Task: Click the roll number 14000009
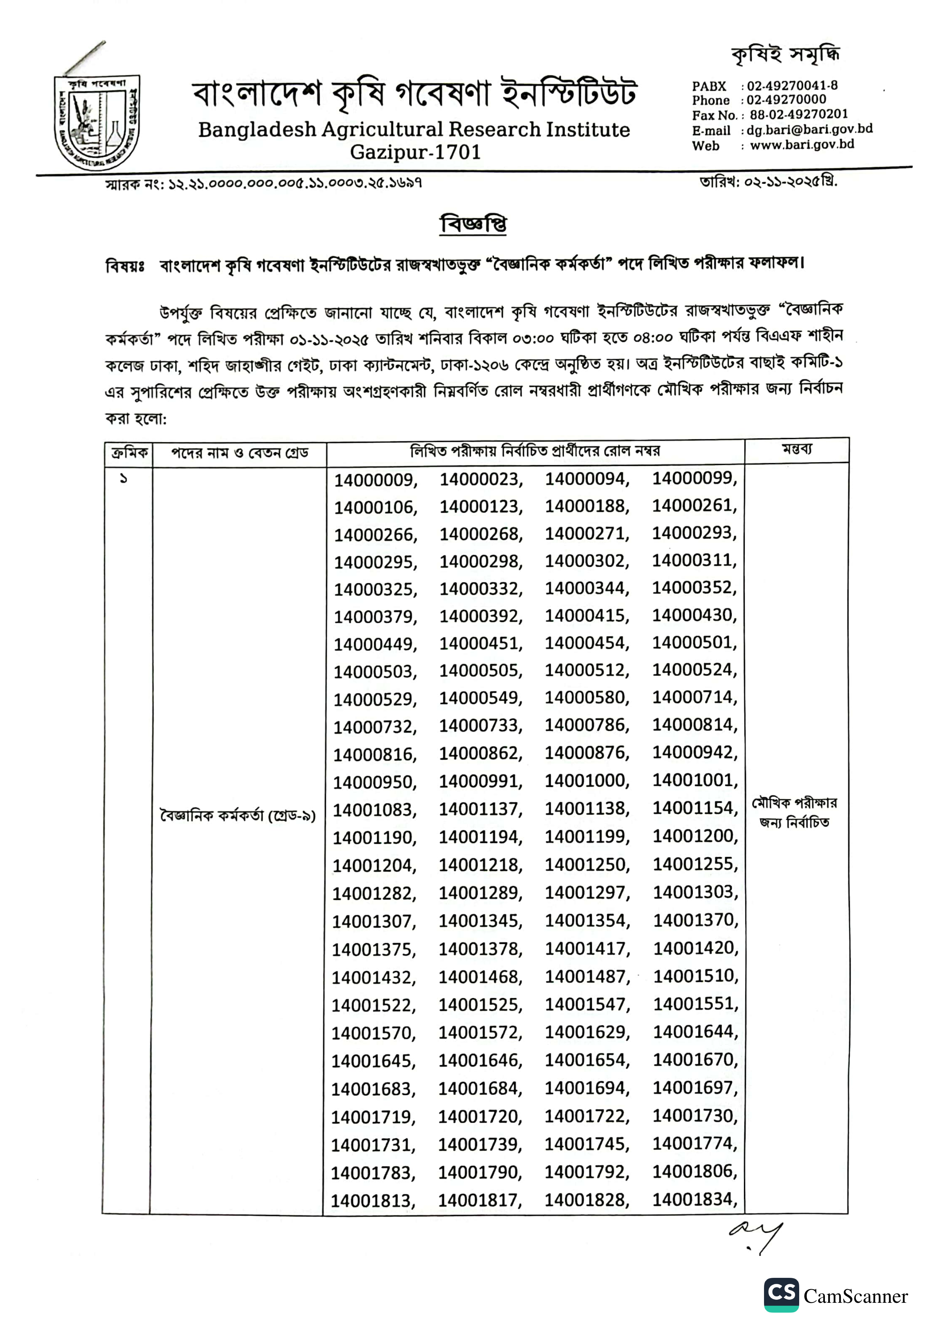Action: [374, 480]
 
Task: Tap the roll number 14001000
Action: [585, 780]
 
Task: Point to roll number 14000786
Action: [585, 725]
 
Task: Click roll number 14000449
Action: [374, 644]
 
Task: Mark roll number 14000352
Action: [693, 588]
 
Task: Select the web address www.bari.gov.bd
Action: [801, 144]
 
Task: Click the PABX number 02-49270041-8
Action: [792, 85]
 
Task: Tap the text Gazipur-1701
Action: [415, 152]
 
